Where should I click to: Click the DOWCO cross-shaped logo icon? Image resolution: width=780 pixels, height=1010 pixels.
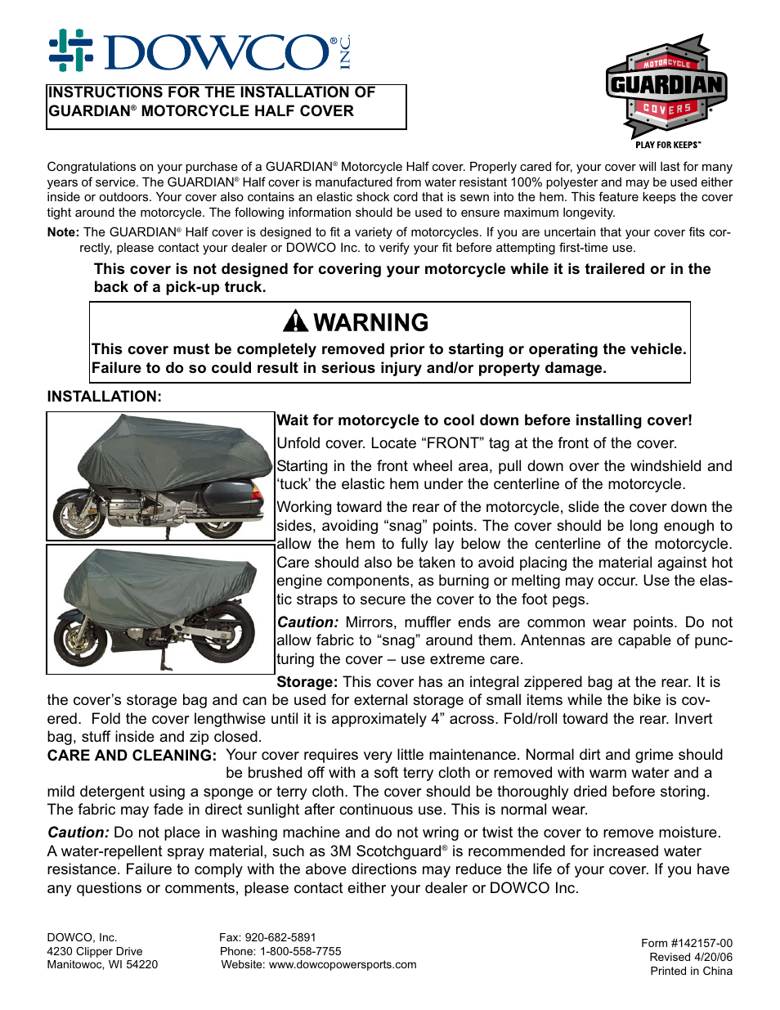tap(70, 51)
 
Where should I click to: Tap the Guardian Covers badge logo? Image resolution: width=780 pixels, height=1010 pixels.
tap(666, 87)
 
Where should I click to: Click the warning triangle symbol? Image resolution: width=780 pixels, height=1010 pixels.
tap(295, 322)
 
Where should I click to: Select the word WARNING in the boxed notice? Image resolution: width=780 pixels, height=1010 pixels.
tap(370, 322)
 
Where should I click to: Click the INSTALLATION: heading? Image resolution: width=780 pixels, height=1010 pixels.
tap(105, 397)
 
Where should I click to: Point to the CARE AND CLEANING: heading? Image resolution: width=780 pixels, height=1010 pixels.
tap(132, 756)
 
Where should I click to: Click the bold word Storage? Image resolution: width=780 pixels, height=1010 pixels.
tap(307, 682)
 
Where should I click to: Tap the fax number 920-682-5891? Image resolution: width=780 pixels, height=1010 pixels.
tap(280, 937)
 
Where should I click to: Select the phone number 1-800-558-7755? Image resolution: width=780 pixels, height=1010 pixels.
tap(300, 951)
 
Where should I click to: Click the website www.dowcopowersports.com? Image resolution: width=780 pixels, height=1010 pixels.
tap(343, 965)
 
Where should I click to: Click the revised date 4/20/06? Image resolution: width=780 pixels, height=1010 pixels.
tap(713, 957)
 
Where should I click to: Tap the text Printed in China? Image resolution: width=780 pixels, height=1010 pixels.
tap(691, 971)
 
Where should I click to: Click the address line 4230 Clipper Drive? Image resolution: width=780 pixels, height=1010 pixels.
tap(95, 951)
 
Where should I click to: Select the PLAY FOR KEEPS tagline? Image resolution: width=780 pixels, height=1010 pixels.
tap(667, 145)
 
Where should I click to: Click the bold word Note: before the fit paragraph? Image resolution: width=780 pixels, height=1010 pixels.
tap(63, 232)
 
